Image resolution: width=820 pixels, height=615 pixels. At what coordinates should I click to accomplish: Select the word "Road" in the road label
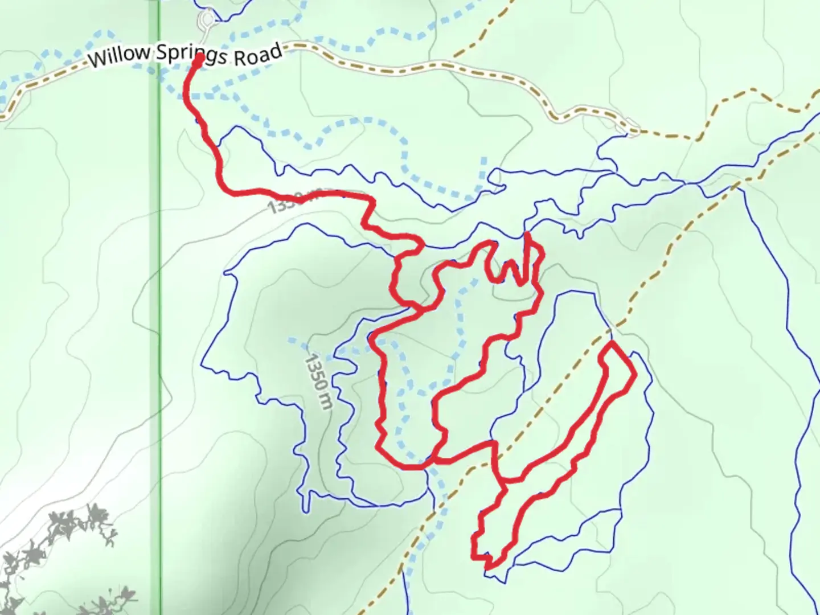pyautogui.click(x=259, y=55)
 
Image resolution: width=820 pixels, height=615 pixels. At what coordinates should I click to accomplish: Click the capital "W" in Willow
pyautogui.click(x=98, y=59)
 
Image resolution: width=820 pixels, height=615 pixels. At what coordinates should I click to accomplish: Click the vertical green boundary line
pyautogui.click(x=159, y=342)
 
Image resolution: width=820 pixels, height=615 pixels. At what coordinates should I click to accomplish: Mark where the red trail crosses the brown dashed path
pyautogui.click(x=497, y=450)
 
